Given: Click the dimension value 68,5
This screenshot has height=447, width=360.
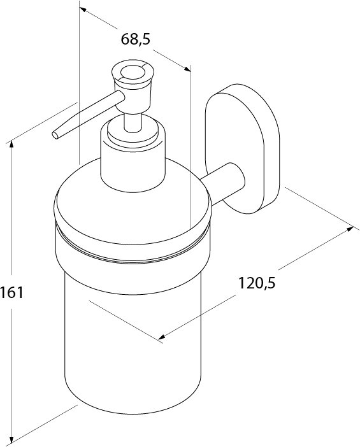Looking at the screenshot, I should pyautogui.click(x=135, y=39).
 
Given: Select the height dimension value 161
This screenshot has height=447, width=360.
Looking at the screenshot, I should pyautogui.click(x=12, y=293).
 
